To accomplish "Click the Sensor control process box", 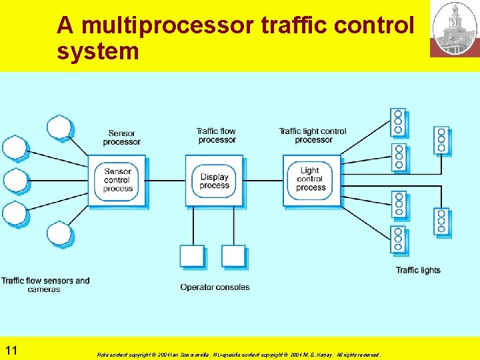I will (117, 181).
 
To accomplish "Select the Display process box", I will (214, 181).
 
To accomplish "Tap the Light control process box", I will (311, 180).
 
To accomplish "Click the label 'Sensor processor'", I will (121, 137).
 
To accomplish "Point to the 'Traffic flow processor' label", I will (217, 135).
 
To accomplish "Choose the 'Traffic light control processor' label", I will (313, 135).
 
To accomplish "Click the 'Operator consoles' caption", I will (215, 287).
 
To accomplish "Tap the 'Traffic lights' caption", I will (418, 270).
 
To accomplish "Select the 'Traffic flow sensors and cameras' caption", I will (45, 285).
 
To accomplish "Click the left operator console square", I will (192, 257).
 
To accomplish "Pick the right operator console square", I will (233, 257).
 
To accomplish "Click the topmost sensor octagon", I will (59, 127).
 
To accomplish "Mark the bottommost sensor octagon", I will (59, 233).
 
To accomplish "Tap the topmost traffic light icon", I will (398, 122).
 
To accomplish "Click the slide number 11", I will (11, 351).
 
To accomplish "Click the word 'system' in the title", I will (97, 51).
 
